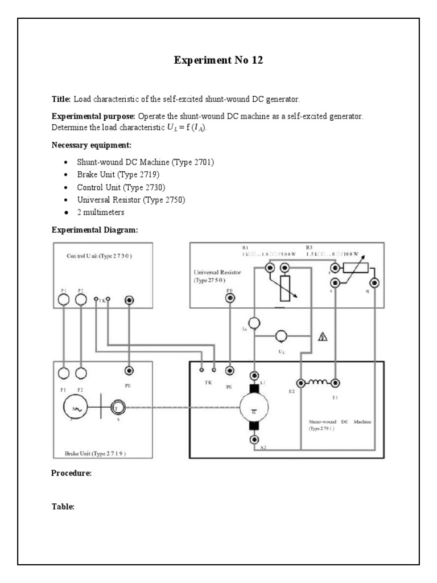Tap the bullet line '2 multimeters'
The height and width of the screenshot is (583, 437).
pos(101,212)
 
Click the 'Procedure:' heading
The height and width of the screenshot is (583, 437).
pos(72,473)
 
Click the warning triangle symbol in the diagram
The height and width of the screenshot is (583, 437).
pos(324,336)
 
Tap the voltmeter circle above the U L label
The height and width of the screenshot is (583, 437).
pos(281,335)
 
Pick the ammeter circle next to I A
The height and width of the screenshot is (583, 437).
pos(255,323)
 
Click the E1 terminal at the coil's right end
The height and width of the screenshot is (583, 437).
pos(336,383)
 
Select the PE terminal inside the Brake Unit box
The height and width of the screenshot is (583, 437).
pos(129,371)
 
